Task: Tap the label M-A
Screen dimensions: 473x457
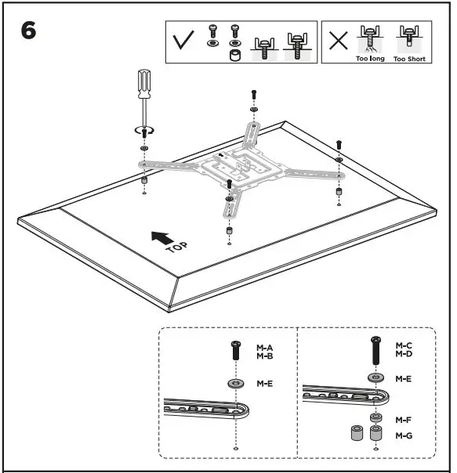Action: [265, 347]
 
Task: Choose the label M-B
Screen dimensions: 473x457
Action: [265, 356]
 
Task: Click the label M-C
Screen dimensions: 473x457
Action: [404, 345]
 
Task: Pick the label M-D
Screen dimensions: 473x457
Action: [404, 353]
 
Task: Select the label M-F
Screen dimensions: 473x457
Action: [404, 420]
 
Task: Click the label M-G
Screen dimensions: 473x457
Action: [404, 435]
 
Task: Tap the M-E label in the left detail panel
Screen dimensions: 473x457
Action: [265, 384]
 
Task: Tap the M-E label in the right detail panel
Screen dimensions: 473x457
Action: [404, 378]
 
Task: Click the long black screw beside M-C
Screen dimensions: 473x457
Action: [375, 348]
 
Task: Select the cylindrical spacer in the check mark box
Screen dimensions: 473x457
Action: [233, 56]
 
